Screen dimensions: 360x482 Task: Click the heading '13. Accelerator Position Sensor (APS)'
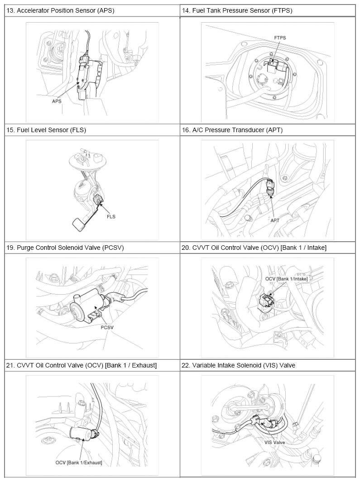click(60, 10)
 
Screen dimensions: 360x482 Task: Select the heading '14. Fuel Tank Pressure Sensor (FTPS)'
click(237, 10)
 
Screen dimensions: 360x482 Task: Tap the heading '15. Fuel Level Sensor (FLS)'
click(46, 130)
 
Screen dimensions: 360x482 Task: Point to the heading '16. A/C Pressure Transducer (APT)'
click(232, 130)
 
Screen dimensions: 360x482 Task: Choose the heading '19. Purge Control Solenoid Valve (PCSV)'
click(65, 248)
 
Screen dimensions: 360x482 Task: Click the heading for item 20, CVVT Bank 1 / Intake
click(254, 248)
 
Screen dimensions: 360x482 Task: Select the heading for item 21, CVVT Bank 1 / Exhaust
click(82, 365)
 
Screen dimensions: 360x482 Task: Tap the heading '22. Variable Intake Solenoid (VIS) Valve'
click(239, 365)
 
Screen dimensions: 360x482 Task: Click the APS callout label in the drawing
click(57, 101)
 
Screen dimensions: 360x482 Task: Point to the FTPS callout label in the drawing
click(280, 38)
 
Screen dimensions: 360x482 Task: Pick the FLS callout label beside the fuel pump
click(111, 217)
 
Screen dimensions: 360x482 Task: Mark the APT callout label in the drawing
click(275, 220)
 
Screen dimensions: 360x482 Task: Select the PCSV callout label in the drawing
click(107, 327)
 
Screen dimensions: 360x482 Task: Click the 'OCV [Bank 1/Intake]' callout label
click(287, 279)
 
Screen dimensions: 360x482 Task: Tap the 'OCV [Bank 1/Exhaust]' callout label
click(79, 463)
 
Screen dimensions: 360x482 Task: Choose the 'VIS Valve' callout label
click(275, 443)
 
